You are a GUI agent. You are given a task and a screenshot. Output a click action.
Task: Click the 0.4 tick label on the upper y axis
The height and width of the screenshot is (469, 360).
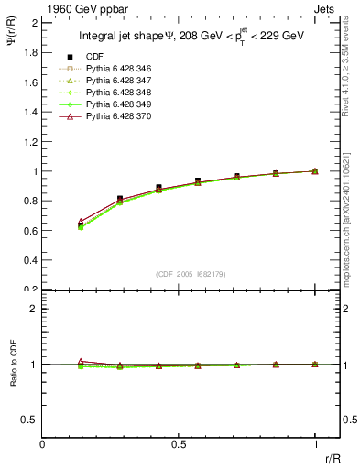point(29,260)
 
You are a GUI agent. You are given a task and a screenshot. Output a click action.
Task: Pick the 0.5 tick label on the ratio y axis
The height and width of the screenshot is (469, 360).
point(29,420)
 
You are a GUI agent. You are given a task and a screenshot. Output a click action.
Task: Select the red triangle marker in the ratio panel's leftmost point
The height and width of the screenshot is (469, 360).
point(81,361)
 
